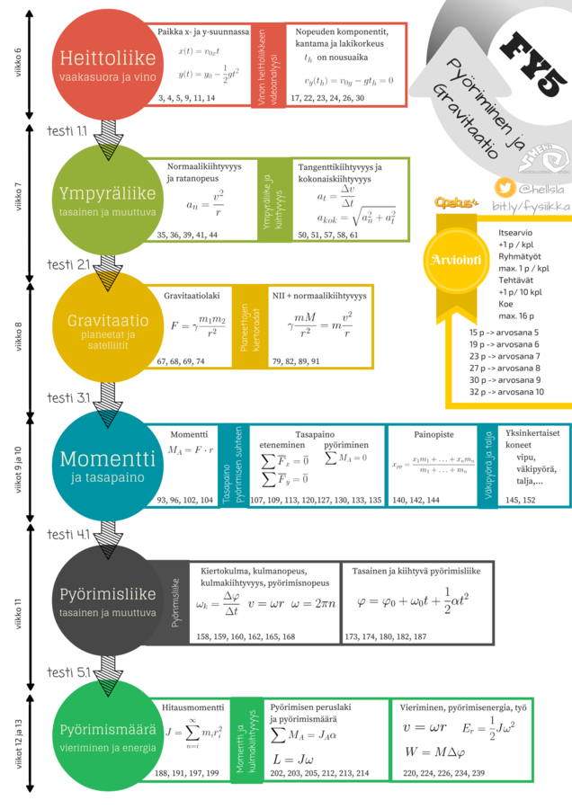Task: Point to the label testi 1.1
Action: point(67,131)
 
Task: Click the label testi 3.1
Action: point(67,396)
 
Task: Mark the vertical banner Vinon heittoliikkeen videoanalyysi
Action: point(263,65)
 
